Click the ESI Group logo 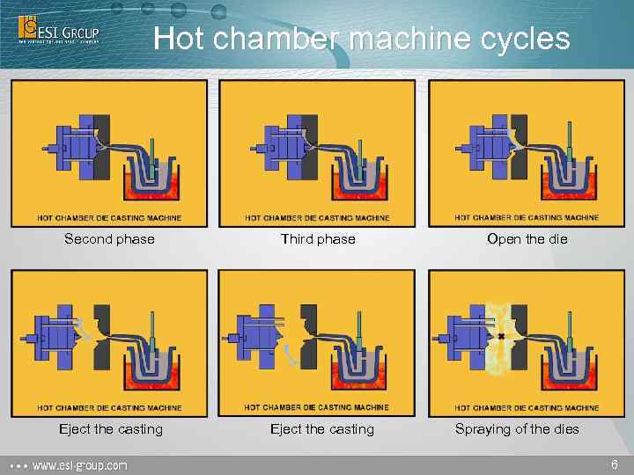coord(59,29)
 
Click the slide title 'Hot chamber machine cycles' coord(361,39)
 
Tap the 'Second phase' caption coord(109,238)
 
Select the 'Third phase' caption coord(318,238)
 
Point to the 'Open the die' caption coord(527,238)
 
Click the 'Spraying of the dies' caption coord(517,429)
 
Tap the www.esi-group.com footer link coord(79,464)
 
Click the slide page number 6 coord(614,464)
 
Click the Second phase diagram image coord(109,153)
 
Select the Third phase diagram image coord(317,153)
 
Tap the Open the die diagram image coord(527,153)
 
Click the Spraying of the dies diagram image coord(527,343)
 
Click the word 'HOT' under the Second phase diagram coord(47,218)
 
